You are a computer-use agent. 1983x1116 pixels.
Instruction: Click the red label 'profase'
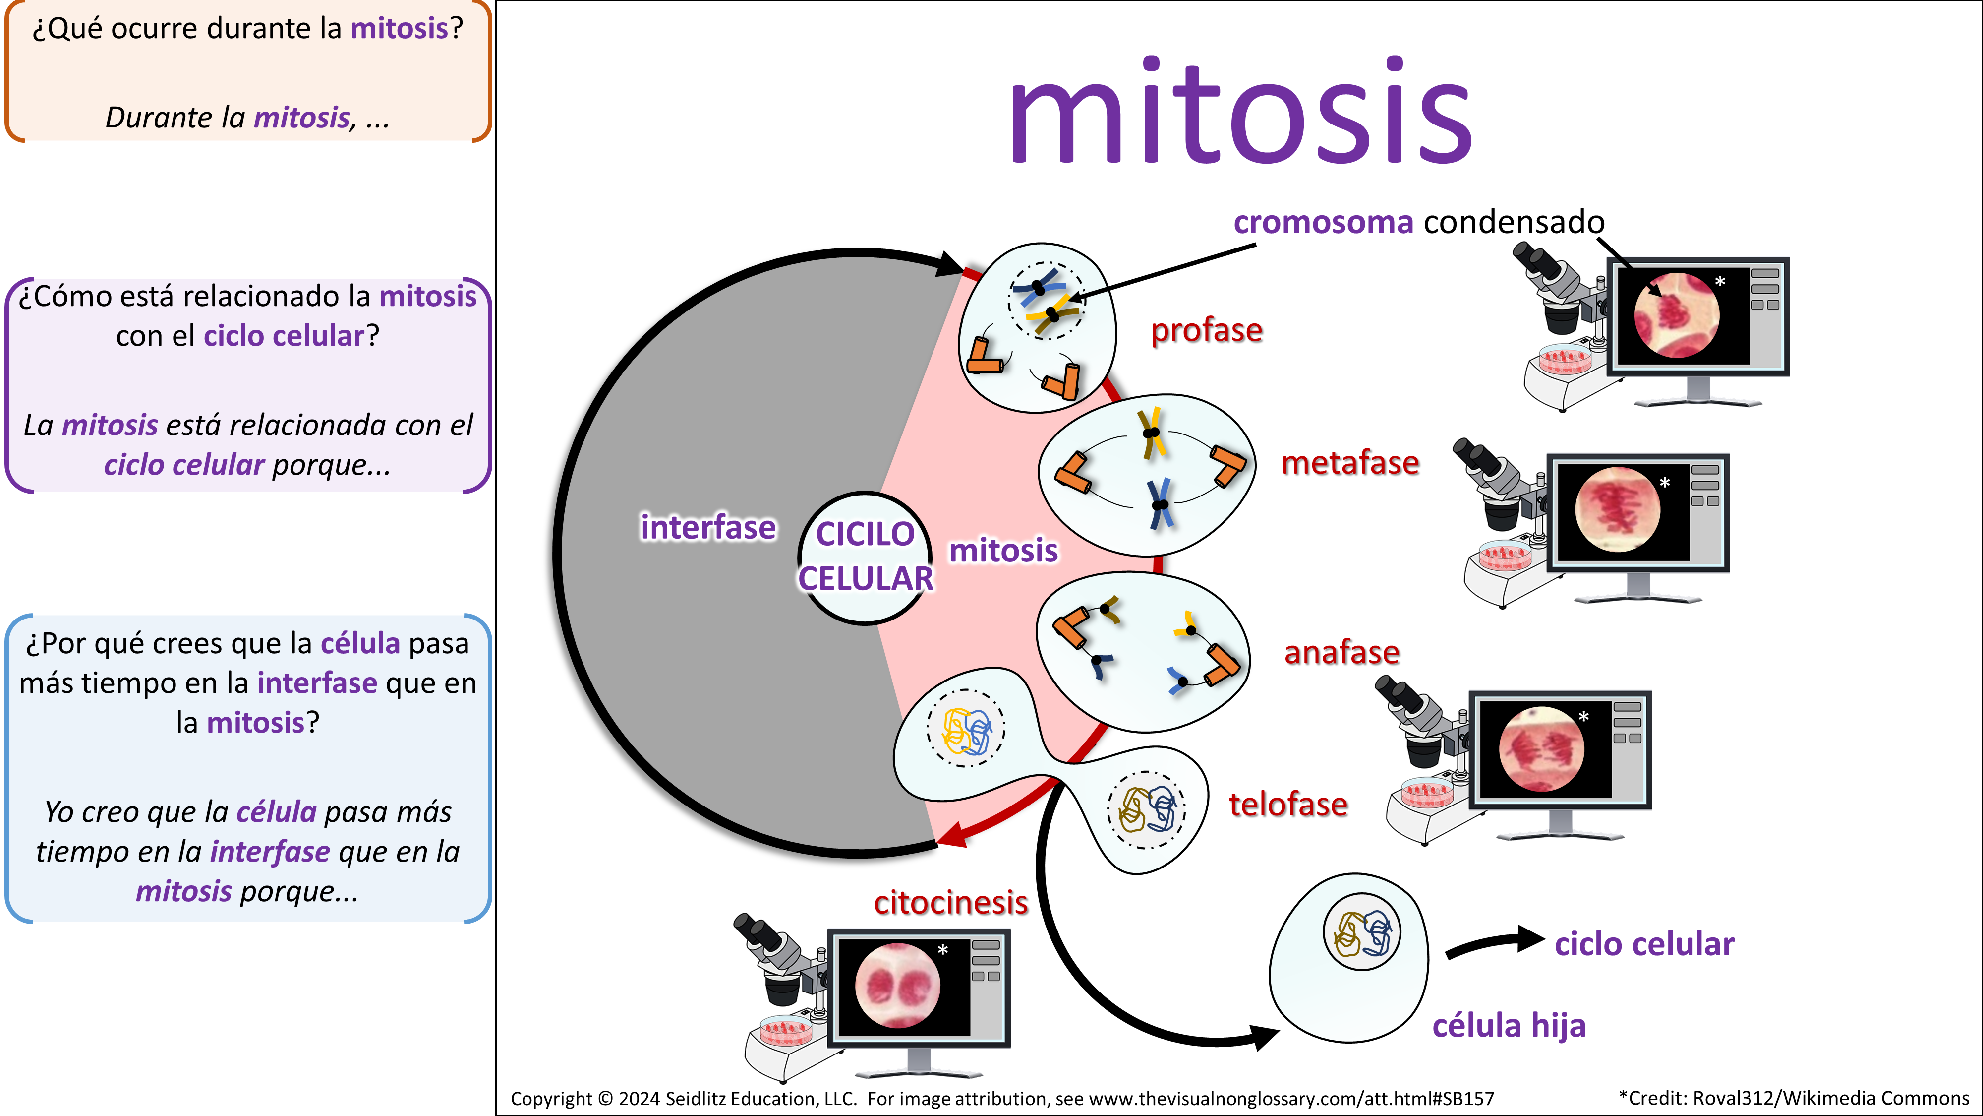tap(1206, 330)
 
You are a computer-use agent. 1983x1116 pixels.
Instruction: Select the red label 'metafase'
tap(1349, 463)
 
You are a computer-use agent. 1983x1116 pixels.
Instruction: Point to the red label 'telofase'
tap(1288, 804)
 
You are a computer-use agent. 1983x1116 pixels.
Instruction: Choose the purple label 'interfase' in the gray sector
tap(708, 528)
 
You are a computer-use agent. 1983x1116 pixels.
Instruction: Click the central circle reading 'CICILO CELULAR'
tap(865, 556)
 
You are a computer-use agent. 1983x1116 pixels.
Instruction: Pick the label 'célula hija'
tap(1509, 1025)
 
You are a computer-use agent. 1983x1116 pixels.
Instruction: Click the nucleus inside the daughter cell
tap(1361, 932)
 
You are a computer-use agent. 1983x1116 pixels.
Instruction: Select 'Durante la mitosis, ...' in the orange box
tap(247, 118)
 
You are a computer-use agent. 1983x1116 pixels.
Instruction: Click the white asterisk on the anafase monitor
tap(1583, 717)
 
